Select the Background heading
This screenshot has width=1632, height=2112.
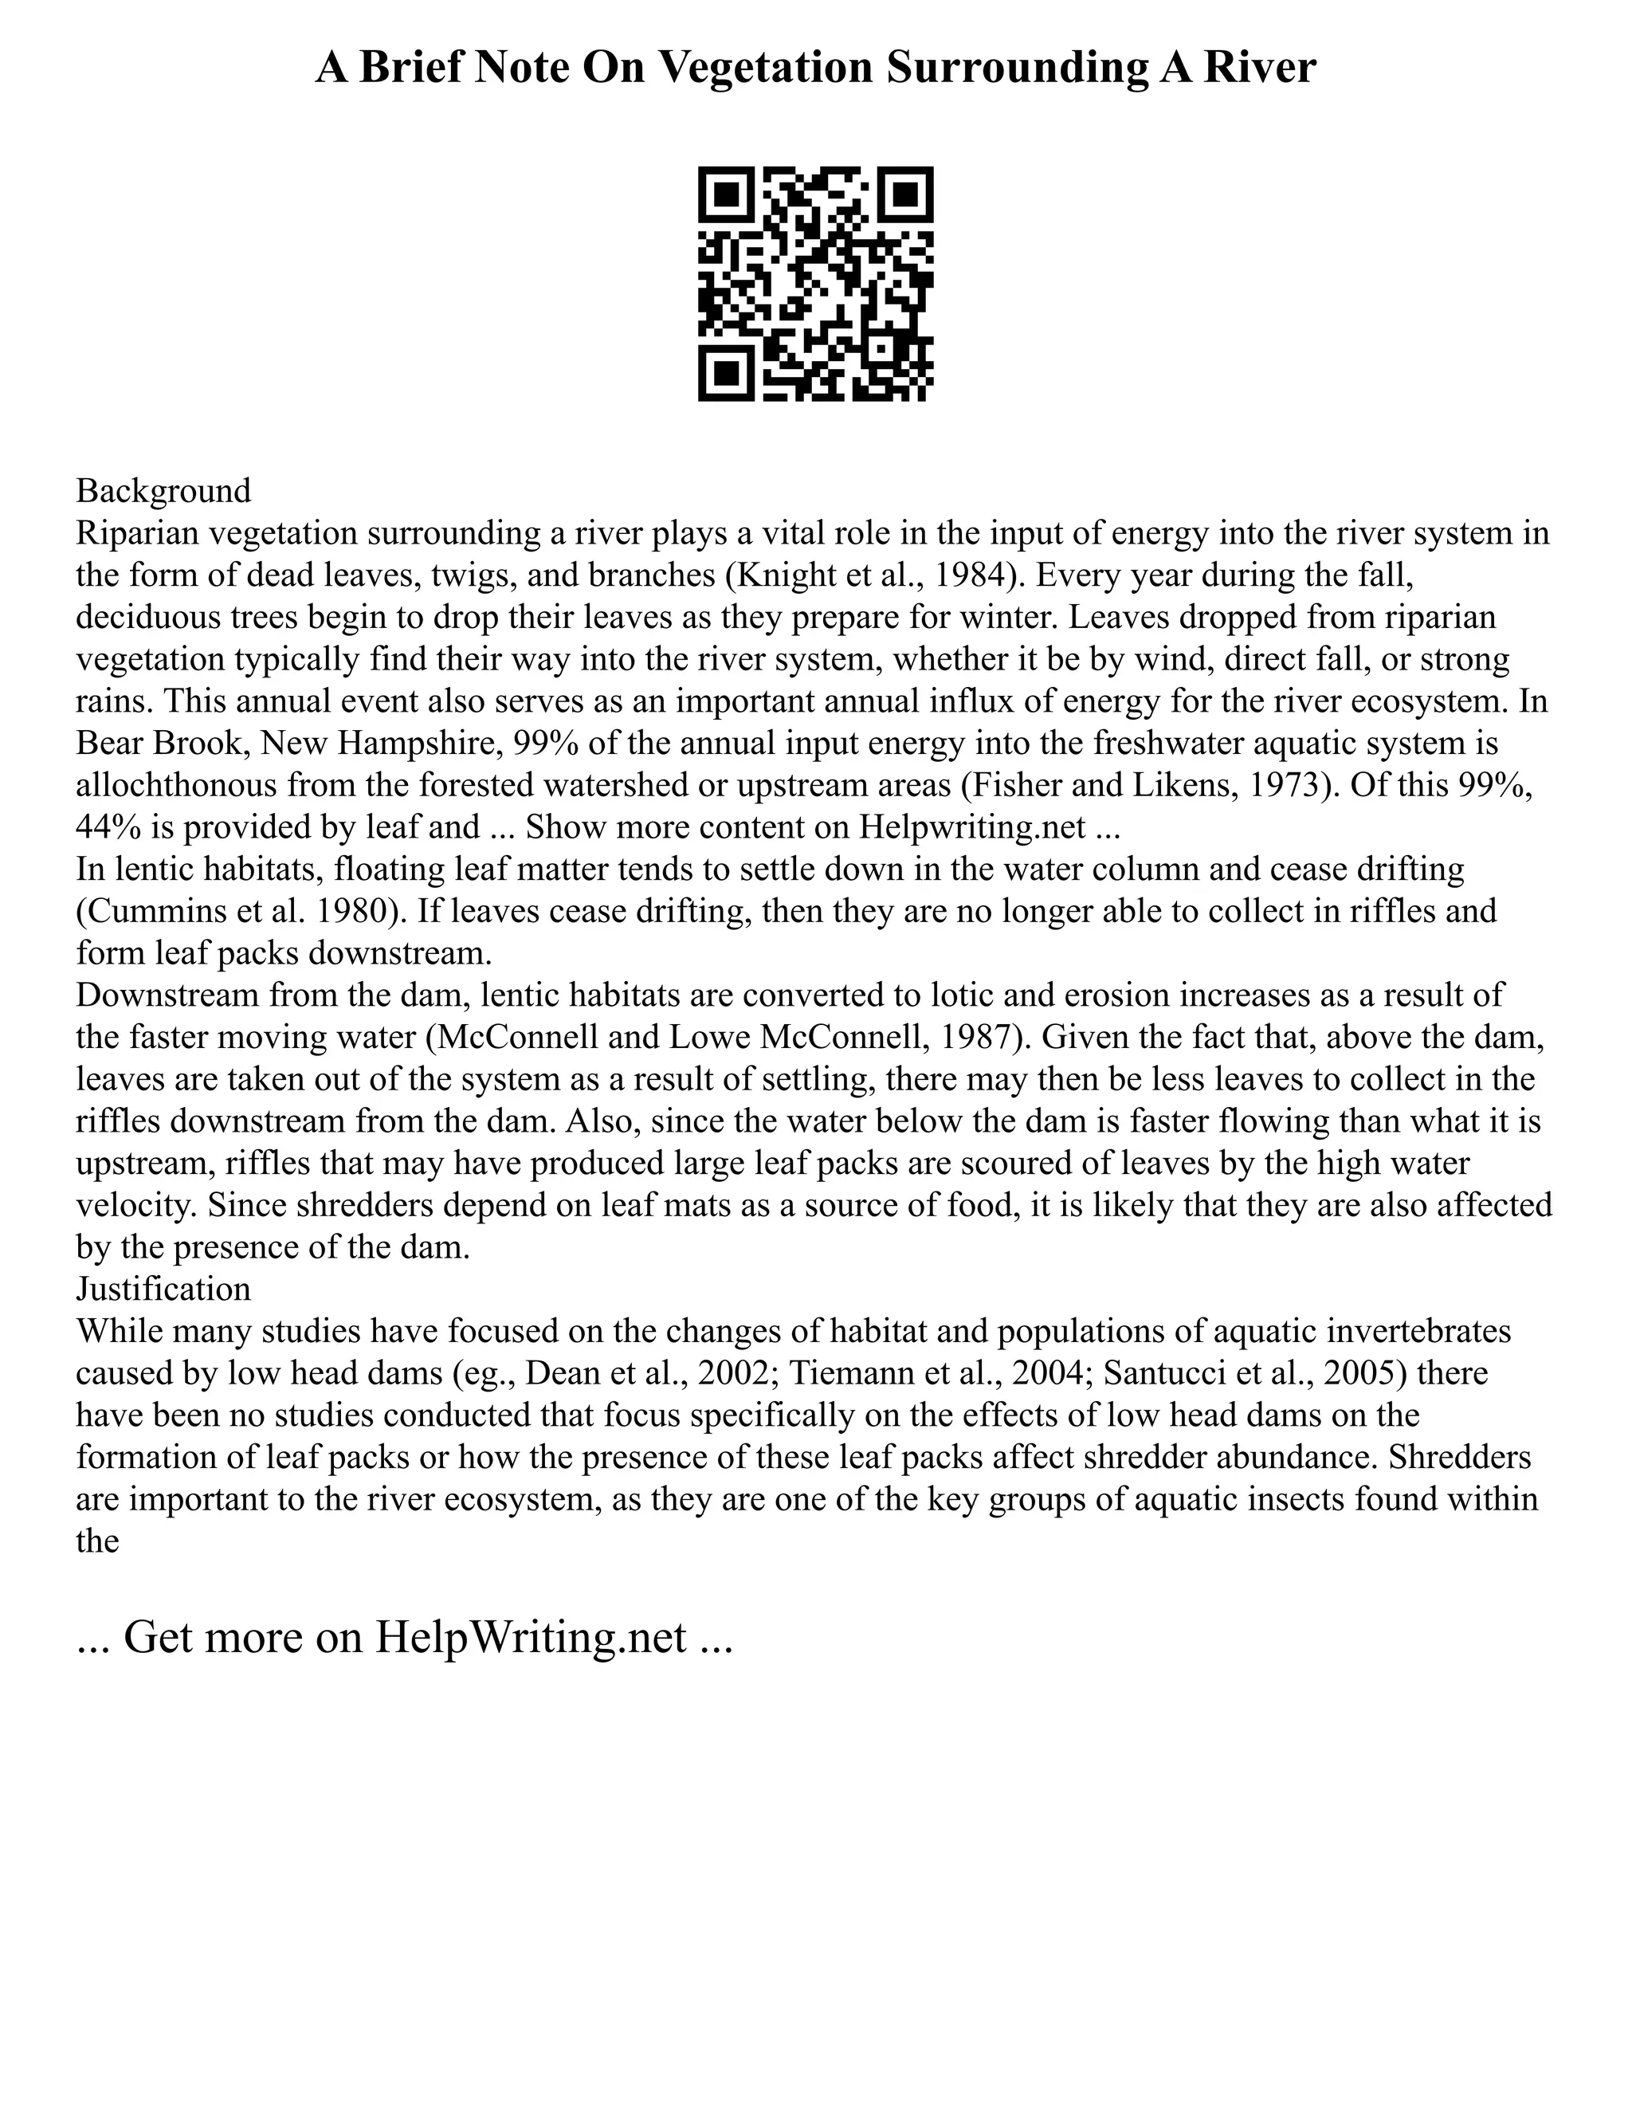[163, 490]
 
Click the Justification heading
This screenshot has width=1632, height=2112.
[163, 1288]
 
